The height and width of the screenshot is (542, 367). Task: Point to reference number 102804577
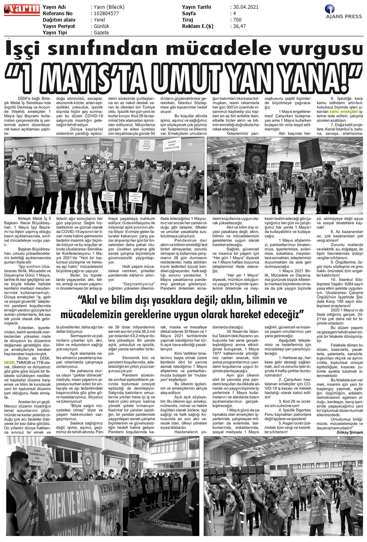[x=105, y=13]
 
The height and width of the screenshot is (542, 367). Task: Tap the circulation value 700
[x=237, y=20]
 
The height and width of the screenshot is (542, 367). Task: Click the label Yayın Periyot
[x=60, y=26]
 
